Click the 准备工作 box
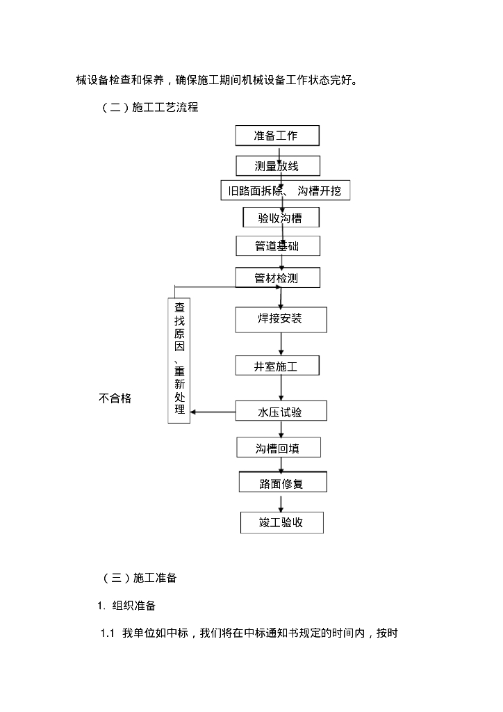(277, 135)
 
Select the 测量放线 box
(277, 165)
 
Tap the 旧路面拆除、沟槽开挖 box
(285, 191)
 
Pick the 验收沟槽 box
(281, 218)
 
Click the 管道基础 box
(277, 245)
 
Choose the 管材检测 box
(277, 278)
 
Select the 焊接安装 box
(280, 319)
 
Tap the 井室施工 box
(277, 366)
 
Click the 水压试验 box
(280, 412)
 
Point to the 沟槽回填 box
(278, 448)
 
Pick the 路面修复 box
(281, 483)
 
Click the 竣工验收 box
(281, 522)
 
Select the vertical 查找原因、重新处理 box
(179, 360)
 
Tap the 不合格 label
(115, 398)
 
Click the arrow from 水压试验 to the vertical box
(213, 412)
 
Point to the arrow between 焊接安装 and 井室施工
(281, 343)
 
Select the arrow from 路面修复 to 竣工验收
(281, 503)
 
